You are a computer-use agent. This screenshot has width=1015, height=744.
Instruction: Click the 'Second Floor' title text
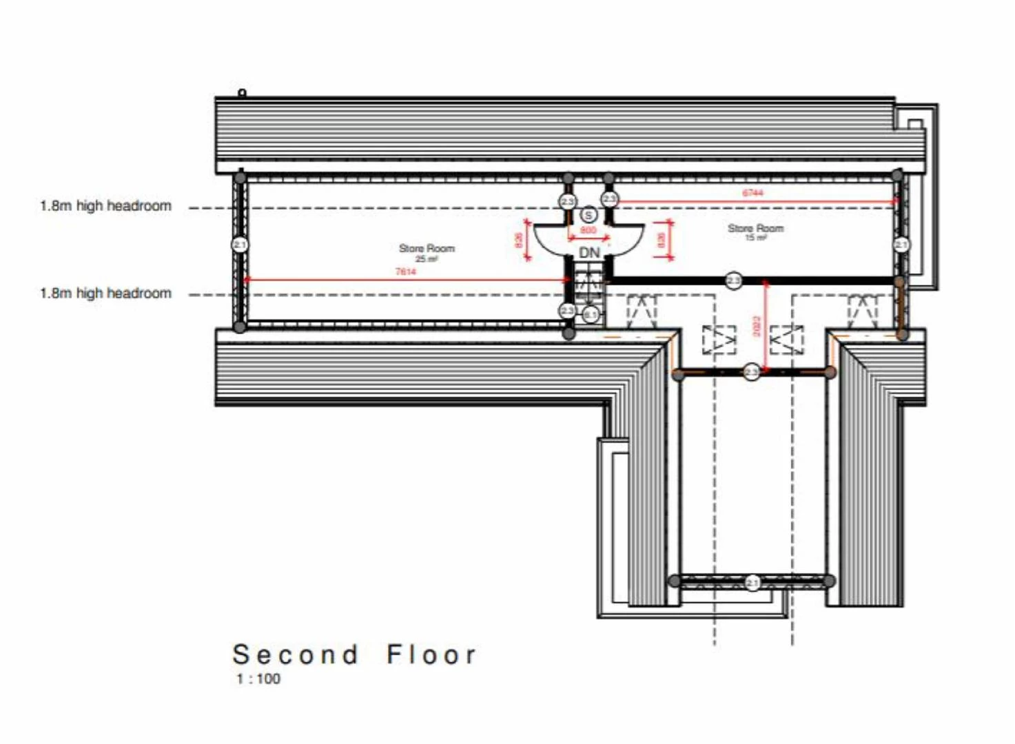coord(354,654)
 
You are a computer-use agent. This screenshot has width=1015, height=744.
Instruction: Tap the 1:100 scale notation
coord(258,679)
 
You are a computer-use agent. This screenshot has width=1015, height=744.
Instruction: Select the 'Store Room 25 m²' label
coord(427,252)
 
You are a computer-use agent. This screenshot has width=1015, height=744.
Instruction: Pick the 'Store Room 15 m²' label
coord(755,231)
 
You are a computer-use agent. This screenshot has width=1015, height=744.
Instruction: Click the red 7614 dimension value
coord(406,271)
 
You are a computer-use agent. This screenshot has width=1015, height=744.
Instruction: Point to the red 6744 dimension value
coord(752,193)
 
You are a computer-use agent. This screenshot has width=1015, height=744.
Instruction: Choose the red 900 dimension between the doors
coord(588,230)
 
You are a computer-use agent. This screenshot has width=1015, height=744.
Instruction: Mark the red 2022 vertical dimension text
coord(757,326)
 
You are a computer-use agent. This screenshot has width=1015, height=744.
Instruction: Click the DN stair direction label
coord(589,253)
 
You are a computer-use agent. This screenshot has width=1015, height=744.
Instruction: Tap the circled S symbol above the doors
coord(588,216)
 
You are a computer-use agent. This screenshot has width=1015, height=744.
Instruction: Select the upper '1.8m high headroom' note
coord(105,206)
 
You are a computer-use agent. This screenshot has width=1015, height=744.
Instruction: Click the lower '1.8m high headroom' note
coord(105,293)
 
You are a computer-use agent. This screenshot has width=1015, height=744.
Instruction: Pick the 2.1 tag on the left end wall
coord(239,245)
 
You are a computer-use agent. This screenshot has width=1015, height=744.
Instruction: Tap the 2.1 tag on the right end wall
coord(901,245)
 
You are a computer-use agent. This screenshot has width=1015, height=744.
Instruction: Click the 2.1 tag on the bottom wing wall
coord(752,583)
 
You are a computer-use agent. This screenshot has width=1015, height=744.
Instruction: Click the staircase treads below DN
coord(588,282)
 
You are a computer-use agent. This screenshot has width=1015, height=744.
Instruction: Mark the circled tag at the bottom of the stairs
coord(591,315)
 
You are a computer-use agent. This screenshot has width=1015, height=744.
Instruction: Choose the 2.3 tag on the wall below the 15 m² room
coord(734,280)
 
